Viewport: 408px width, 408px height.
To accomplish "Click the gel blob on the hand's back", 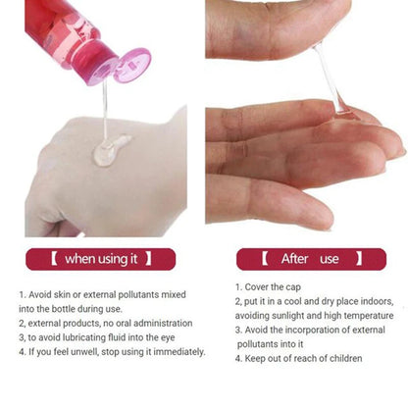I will [110, 150].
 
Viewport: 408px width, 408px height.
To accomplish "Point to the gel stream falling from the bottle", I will [105, 108].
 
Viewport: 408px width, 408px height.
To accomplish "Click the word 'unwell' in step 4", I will [86, 352].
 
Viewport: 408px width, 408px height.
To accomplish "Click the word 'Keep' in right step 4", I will [257, 359].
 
